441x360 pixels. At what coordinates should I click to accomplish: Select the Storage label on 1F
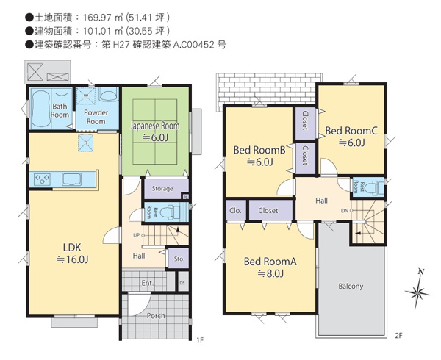[x=162, y=189]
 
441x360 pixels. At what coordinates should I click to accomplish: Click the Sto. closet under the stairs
[x=178, y=259]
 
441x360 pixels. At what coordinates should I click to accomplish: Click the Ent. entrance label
[x=146, y=282]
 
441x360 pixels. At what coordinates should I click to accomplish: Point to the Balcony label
[x=351, y=286]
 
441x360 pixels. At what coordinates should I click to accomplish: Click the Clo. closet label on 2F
[x=235, y=210]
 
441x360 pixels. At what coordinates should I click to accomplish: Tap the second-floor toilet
[x=376, y=187]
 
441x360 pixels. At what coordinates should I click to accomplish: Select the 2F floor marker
[x=398, y=336]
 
